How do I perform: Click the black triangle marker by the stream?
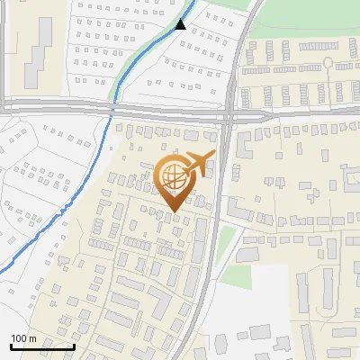181,24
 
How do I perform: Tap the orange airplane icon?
199,164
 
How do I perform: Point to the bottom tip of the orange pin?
173,212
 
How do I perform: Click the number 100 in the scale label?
19,338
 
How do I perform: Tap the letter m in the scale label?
32,338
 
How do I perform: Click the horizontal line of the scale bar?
41,346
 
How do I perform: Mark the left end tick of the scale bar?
10,345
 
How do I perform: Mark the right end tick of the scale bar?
74,345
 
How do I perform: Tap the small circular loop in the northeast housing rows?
328,63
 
